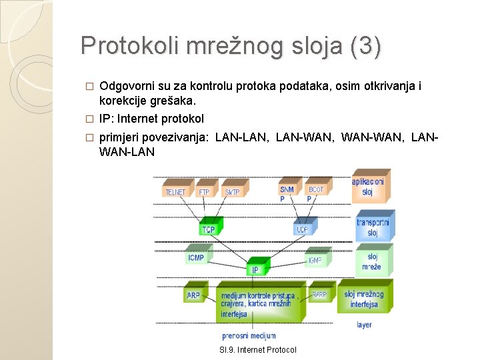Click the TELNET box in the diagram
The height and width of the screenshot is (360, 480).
(x=176, y=192)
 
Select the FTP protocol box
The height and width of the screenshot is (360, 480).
(x=205, y=192)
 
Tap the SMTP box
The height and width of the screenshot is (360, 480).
(x=232, y=192)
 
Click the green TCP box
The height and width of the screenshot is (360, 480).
(x=209, y=229)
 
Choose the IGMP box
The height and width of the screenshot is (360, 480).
(x=314, y=260)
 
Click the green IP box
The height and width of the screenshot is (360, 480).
(x=255, y=269)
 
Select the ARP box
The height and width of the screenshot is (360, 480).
(x=193, y=295)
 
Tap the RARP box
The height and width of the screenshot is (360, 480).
(x=319, y=294)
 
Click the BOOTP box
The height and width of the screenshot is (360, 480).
(x=315, y=192)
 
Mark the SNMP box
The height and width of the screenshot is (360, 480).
(x=287, y=192)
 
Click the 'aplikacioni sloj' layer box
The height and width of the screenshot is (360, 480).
(x=369, y=187)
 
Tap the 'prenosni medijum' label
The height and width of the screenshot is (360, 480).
(x=249, y=335)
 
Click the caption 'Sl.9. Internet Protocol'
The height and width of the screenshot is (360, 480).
(x=258, y=350)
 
